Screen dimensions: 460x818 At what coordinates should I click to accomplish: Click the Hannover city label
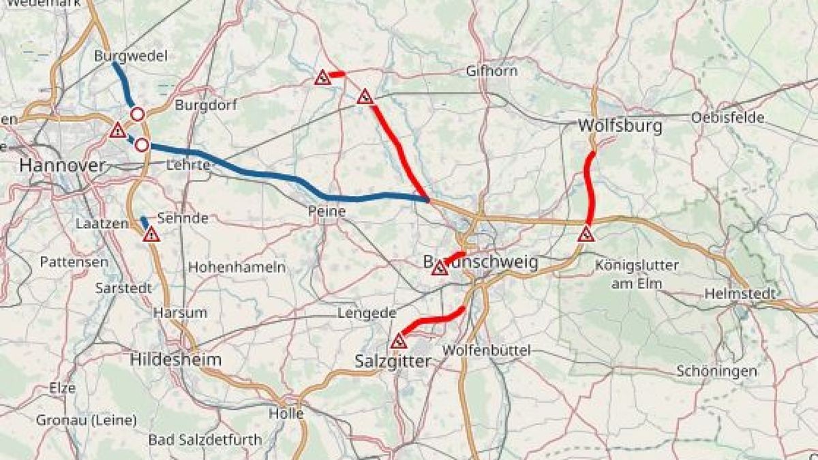pos(63,165)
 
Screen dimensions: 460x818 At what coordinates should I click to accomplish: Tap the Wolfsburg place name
pos(611,126)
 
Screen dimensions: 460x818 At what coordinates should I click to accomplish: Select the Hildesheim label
pos(175,359)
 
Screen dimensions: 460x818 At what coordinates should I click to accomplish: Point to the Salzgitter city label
pos(393,361)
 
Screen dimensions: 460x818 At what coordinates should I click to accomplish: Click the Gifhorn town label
pos(491,71)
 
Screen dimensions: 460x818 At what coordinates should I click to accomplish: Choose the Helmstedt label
pos(740,294)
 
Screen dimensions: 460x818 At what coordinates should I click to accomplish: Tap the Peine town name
pos(326,212)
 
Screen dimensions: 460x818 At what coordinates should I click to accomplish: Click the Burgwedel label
pos(131,56)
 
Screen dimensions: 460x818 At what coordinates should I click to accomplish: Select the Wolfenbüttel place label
pos(485,350)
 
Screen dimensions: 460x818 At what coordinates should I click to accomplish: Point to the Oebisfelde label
pos(727,117)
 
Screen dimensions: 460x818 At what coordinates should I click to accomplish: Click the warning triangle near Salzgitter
pos(398,341)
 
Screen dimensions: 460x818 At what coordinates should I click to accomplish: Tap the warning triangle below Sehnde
pos(151,235)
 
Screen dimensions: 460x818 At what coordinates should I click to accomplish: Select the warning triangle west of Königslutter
pos(586,235)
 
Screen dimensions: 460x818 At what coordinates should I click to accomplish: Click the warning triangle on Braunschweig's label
pos(440,268)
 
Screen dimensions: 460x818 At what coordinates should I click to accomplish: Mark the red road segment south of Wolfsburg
pos(590,187)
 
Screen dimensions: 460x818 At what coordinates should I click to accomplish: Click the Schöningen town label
pos(716,371)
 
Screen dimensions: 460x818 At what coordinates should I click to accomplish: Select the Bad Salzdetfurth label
pos(205,440)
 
